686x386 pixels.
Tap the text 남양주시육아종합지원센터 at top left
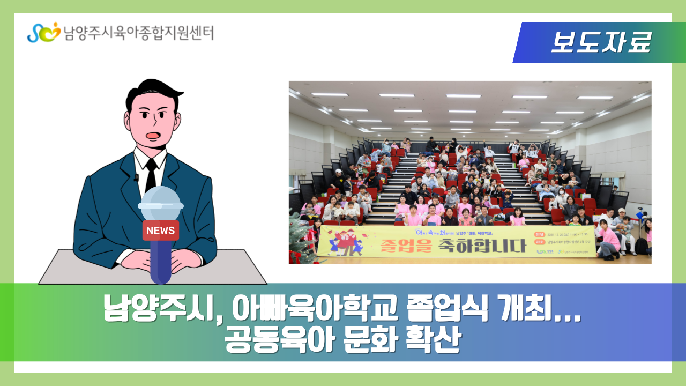point(138,33)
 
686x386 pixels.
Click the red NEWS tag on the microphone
point(160,231)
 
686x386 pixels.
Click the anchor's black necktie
point(151,174)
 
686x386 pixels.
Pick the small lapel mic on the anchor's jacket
point(136,177)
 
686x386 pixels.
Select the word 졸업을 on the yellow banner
point(402,246)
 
